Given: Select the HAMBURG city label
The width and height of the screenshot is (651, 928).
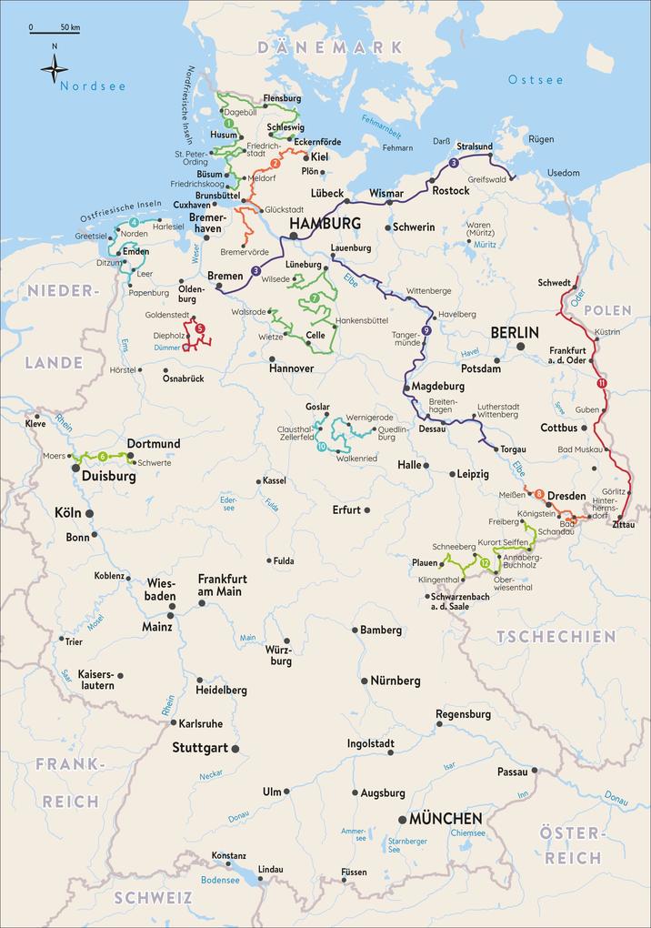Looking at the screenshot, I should click(x=324, y=223).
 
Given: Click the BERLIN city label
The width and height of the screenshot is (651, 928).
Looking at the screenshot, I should click(x=515, y=332).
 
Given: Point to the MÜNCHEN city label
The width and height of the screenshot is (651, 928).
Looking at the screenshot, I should click(x=446, y=819).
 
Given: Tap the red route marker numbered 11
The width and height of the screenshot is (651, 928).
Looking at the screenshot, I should click(x=601, y=384).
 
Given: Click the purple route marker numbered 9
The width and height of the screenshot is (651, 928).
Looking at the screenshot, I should click(x=426, y=329).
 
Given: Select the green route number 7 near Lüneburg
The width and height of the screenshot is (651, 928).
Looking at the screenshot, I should click(x=314, y=298).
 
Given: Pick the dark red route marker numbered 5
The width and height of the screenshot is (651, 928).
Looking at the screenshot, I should click(x=200, y=328).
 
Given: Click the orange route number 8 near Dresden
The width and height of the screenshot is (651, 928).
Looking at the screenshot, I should click(x=539, y=494).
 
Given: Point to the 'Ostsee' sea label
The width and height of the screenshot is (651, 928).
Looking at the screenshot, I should click(x=536, y=80).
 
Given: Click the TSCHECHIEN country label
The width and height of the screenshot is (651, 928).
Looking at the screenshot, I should click(x=555, y=636).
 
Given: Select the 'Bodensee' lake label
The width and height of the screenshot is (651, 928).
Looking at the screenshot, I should click(x=219, y=881).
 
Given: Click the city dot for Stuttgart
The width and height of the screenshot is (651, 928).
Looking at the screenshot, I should click(x=235, y=749).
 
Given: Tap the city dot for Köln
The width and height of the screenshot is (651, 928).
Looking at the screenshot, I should click(x=89, y=514).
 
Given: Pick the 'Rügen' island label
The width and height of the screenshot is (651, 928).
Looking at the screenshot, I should click(x=541, y=139).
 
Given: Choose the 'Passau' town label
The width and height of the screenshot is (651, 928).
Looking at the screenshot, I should click(x=513, y=772).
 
